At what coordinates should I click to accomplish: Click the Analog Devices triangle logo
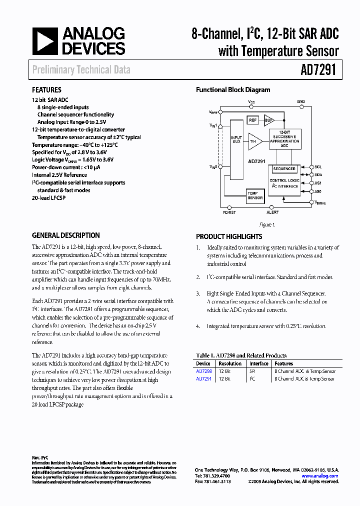coord(46,41)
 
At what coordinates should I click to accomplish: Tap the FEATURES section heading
coord(46,90)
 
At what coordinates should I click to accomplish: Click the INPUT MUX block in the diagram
coord(236,140)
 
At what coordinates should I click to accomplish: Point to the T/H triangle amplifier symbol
coord(254,142)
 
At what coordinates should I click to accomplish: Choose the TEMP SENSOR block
coord(254,195)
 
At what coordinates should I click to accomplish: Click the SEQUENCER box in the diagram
coord(284,169)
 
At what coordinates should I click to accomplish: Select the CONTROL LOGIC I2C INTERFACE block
coord(284,183)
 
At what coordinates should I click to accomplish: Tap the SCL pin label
coord(318,166)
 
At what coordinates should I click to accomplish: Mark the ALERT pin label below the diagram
coord(272,212)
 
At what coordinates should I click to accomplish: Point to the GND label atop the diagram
coord(300,101)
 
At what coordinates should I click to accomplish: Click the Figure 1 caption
coord(266,225)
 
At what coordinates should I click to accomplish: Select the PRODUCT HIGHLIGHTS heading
coord(229,236)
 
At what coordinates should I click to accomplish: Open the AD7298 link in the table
coord(203,371)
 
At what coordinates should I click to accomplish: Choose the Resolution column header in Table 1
coord(230,363)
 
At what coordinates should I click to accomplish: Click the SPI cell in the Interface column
coord(252,371)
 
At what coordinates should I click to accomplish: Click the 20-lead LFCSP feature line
coord(48,198)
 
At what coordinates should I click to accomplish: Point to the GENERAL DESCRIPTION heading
coord(65,235)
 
